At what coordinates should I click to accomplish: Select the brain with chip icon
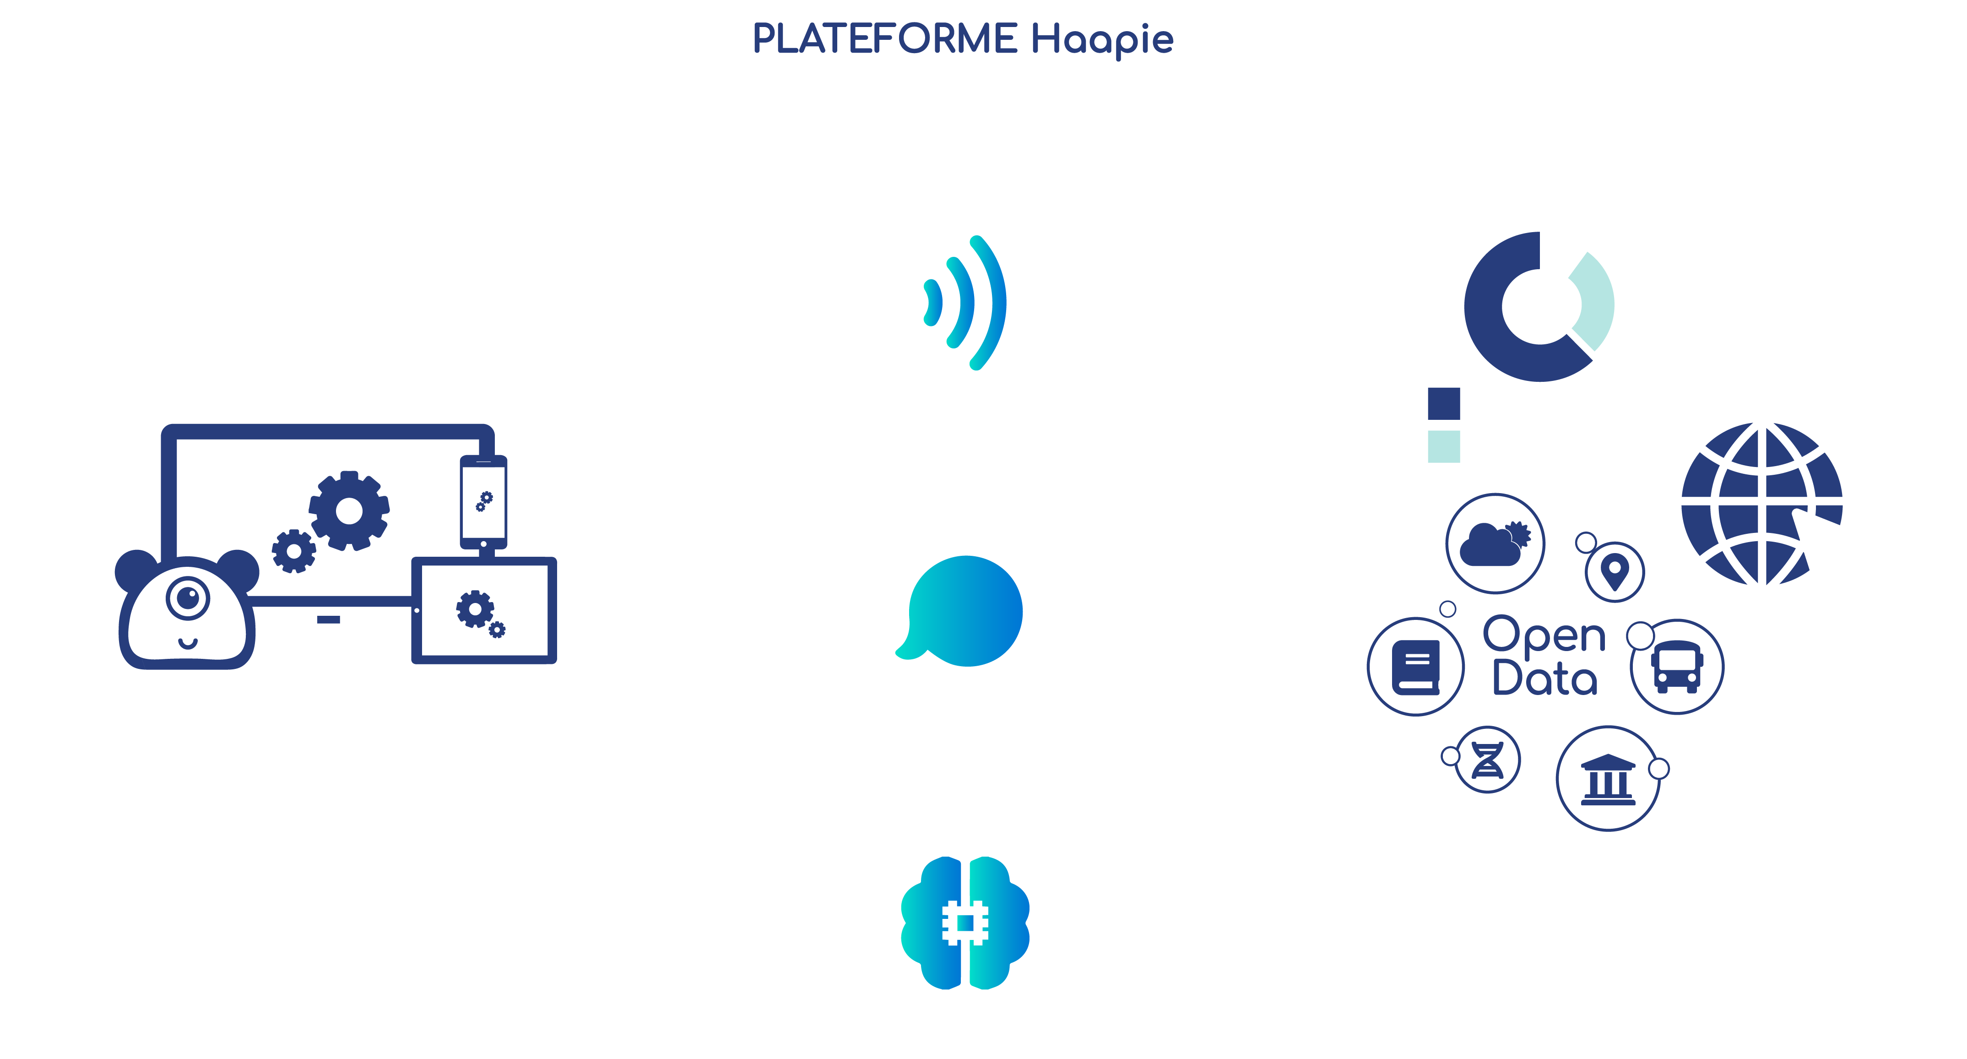click(965, 922)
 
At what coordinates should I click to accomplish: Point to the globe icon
click(1761, 504)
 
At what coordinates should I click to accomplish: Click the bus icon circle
click(1677, 667)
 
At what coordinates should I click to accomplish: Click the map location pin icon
click(1614, 571)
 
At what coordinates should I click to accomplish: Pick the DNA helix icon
click(1487, 760)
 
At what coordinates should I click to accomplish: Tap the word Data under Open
click(1544, 678)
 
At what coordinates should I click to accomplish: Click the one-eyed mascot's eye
click(188, 597)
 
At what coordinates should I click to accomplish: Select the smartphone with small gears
click(483, 502)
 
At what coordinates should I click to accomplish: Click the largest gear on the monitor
click(349, 510)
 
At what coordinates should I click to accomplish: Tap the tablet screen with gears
click(483, 610)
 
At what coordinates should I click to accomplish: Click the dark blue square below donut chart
click(1443, 403)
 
